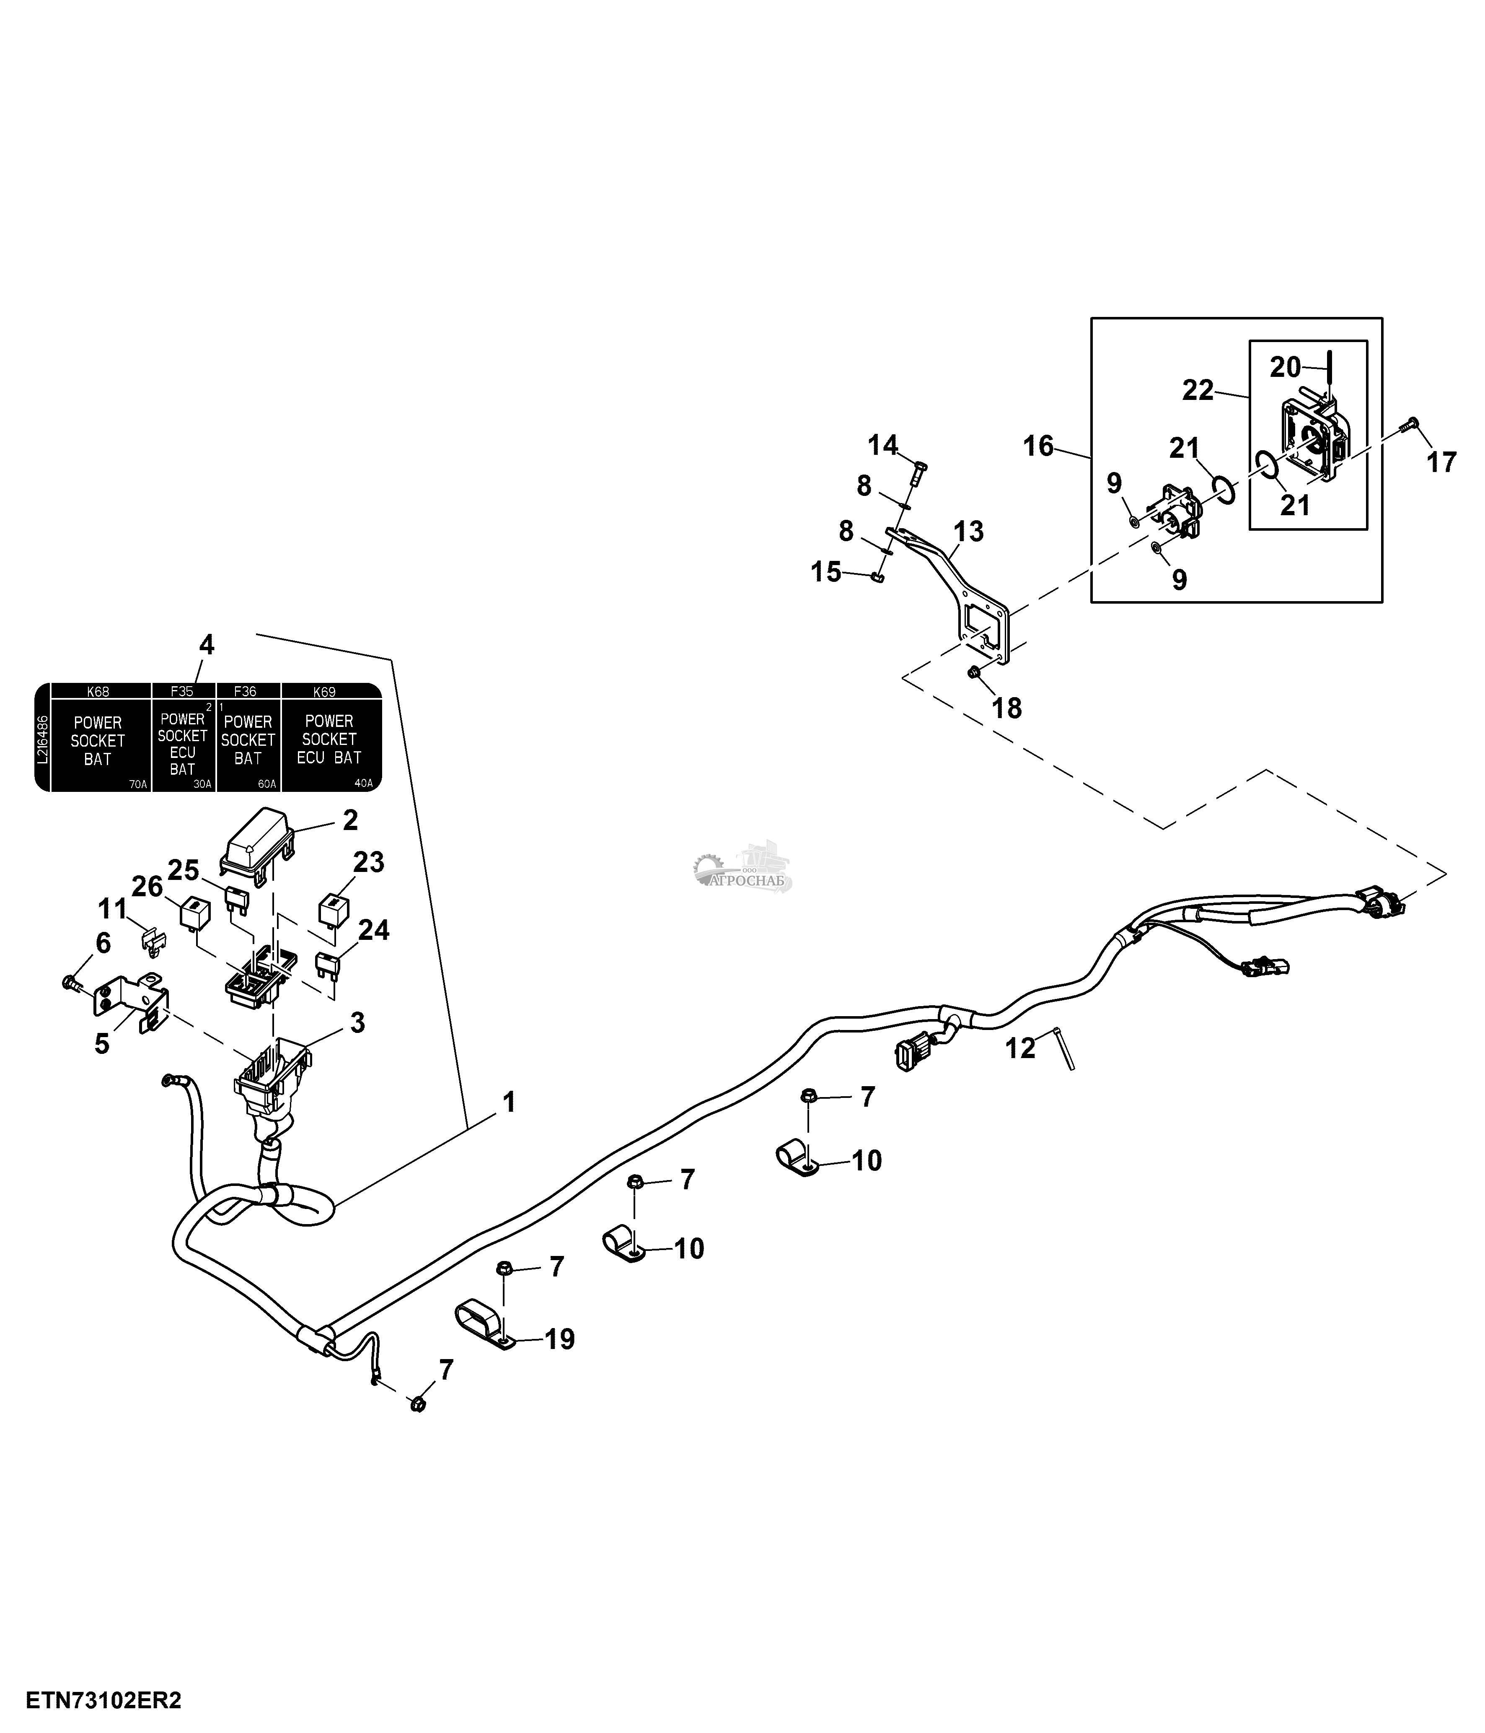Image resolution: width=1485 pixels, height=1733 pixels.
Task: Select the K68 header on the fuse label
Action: (98, 692)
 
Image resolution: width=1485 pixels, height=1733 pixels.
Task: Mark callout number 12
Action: (1019, 1047)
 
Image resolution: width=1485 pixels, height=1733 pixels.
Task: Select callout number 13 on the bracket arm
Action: (968, 531)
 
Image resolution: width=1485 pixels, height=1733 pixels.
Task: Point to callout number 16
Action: (1038, 446)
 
